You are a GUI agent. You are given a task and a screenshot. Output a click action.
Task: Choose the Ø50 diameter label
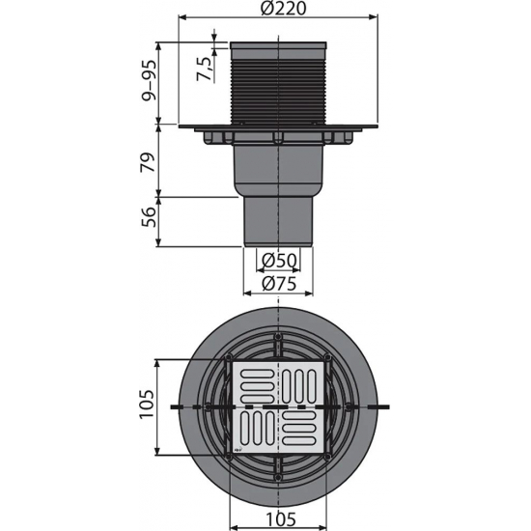click(x=279, y=261)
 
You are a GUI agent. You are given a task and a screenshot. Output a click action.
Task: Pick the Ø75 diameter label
click(x=279, y=283)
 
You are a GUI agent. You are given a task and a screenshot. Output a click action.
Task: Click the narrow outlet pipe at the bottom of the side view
click(x=278, y=219)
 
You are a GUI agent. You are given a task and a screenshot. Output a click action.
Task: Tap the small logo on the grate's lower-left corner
click(x=238, y=447)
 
